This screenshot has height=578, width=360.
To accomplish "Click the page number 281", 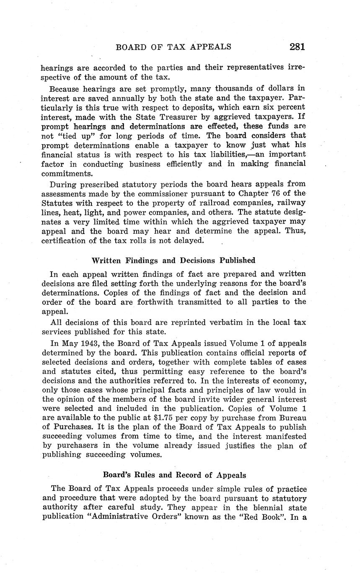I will tap(297, 46).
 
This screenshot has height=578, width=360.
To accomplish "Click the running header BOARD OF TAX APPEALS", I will tap(173, 47).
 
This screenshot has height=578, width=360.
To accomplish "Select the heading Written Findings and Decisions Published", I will tap(173, 261).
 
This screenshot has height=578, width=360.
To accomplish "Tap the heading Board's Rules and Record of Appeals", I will tap(174, 475).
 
